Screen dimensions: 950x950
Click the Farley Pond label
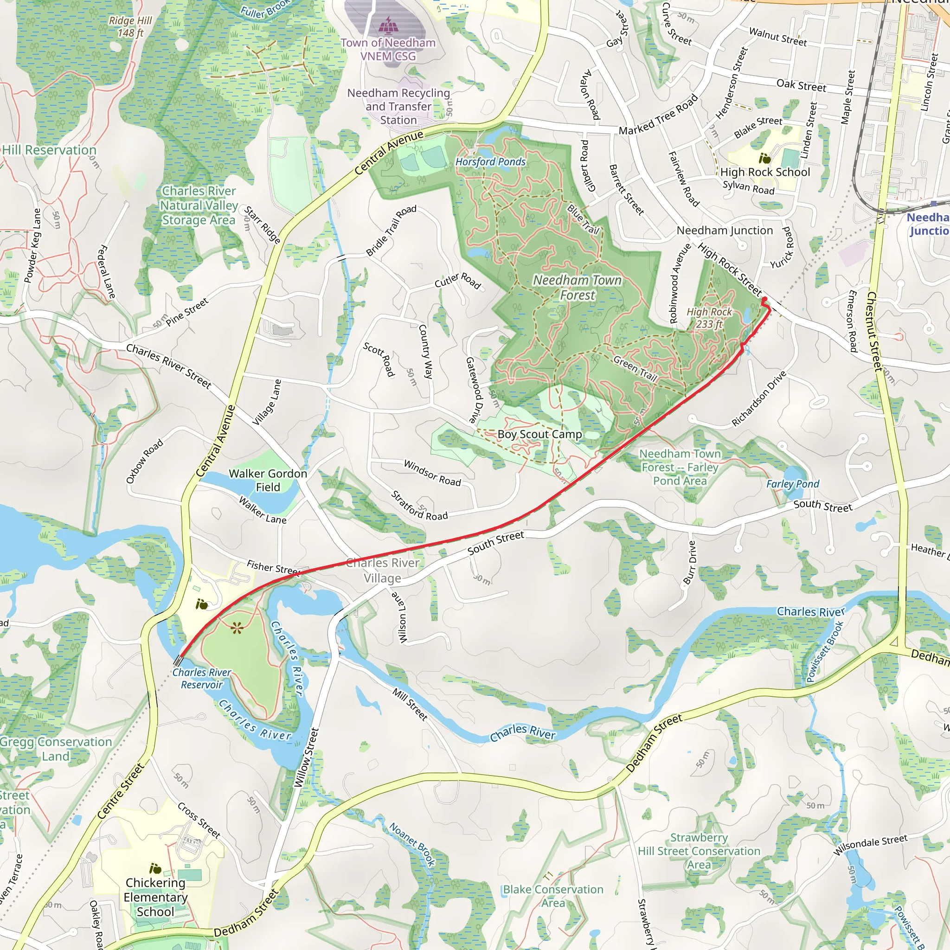click(793, 484)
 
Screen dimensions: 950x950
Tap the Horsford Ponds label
click(490, 162)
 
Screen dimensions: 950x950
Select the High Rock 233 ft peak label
click(709, 318)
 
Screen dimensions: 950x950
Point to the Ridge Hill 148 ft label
click(130, 26)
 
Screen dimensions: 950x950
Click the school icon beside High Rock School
click(764, 158)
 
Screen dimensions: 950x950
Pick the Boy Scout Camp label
click(539, 434)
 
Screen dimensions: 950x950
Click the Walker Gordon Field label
click(268, 480)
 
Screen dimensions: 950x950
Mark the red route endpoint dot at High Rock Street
click(764, 300)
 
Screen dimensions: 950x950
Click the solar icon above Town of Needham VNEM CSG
click(388, 24)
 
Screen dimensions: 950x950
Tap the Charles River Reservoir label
click(202, 679)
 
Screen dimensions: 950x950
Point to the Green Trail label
click(635, 369)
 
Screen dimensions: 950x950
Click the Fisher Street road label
click(273, 567)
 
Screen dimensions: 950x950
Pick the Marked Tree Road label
click(658, 115)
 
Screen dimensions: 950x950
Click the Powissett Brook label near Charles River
click(825, 652)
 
